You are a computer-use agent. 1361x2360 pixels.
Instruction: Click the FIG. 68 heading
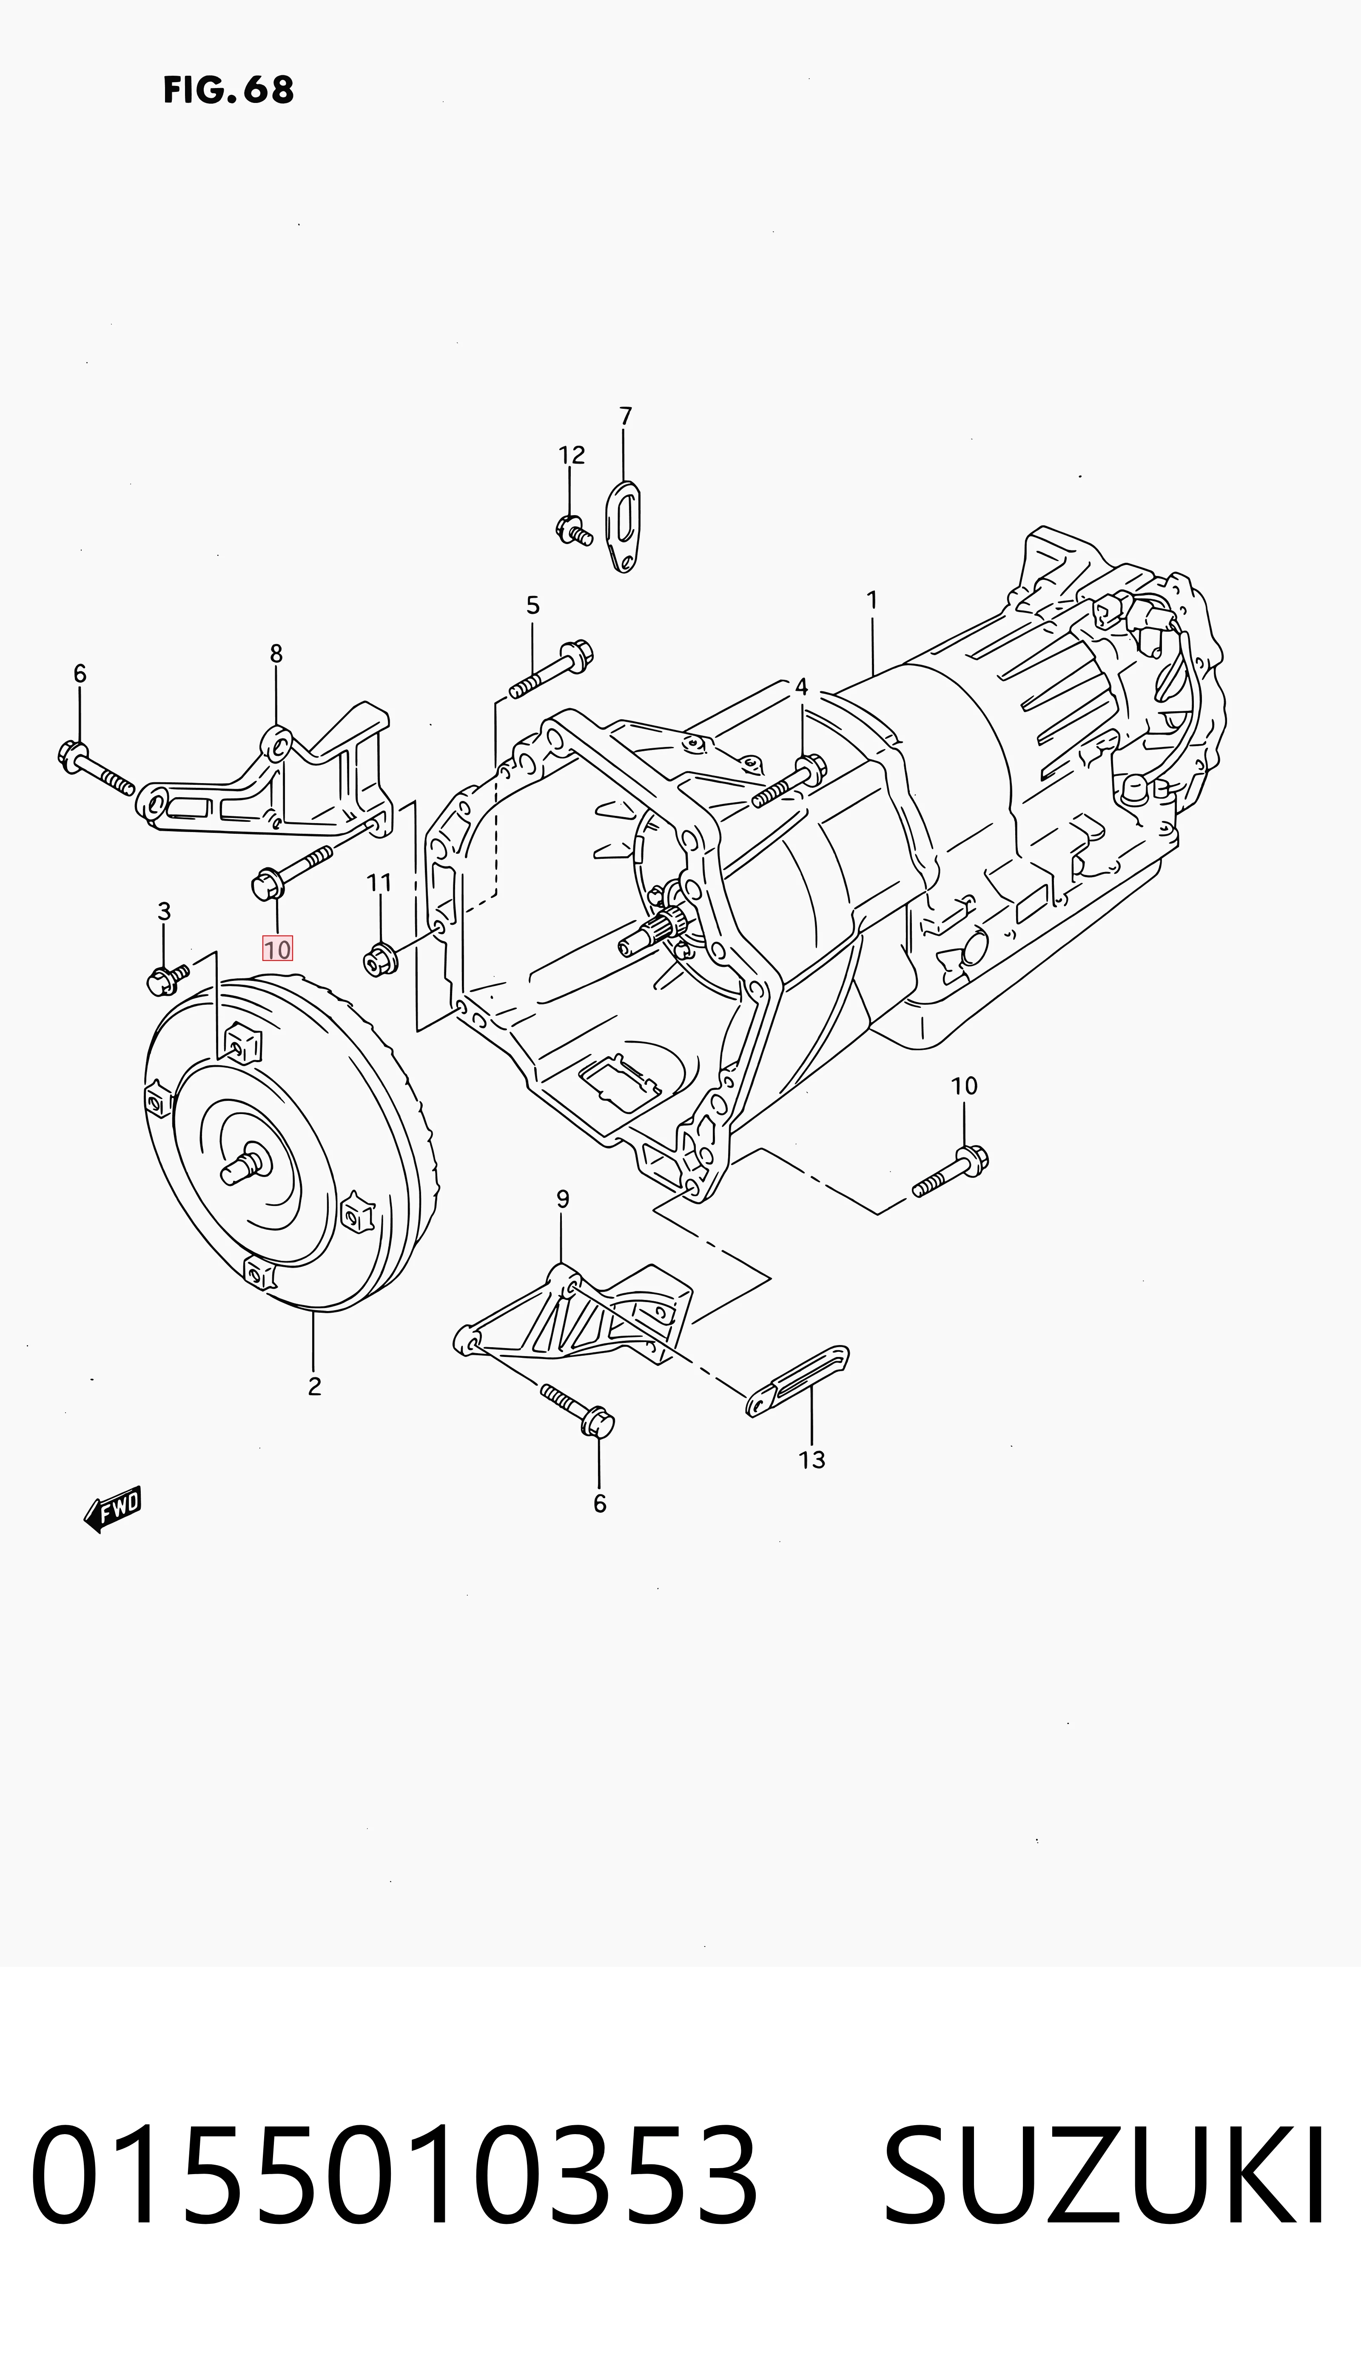(228, 90)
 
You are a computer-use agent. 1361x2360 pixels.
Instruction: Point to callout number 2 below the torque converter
(314, 1386)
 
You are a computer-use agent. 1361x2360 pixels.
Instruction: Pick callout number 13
(811, 1460)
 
